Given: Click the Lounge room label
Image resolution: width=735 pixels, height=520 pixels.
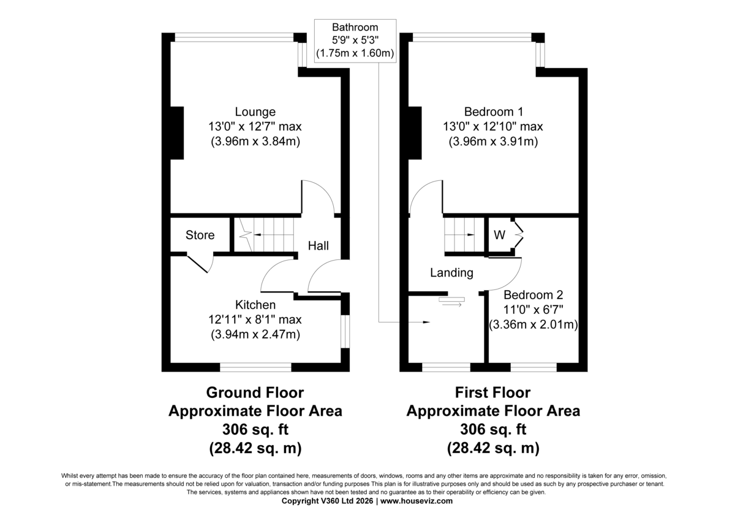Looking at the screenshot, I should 255,112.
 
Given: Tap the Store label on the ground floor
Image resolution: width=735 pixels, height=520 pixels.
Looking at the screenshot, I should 200,235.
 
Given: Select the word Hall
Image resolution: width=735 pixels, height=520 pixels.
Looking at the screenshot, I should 318,246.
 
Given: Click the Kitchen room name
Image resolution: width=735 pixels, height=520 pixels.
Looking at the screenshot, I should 255,305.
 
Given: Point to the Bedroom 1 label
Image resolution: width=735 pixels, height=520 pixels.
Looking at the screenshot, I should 494,112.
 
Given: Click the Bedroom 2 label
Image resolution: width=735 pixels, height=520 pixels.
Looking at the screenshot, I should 533,294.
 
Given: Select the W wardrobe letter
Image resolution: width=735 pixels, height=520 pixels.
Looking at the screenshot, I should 500,235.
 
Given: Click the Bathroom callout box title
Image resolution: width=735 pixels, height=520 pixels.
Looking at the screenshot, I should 355,28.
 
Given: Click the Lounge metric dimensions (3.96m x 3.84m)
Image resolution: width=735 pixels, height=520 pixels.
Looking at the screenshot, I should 255,142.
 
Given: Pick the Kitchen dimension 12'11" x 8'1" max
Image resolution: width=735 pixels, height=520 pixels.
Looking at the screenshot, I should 255,319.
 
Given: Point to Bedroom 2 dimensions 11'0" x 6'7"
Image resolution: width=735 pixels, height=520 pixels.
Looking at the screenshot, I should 533,310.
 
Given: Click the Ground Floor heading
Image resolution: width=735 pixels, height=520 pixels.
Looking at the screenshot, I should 255,392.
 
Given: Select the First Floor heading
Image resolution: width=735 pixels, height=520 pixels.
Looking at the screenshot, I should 493,392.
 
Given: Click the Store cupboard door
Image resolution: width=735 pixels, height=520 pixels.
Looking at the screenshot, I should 200,264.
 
